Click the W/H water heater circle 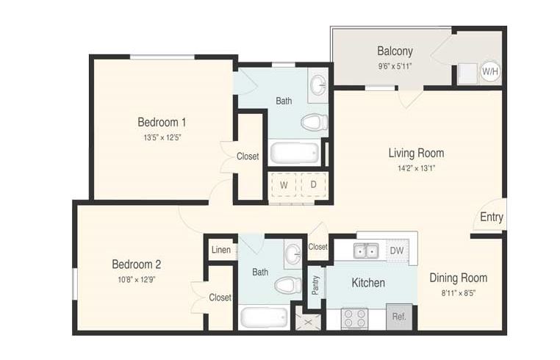490,71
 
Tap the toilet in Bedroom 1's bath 315,123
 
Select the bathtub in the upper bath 294,153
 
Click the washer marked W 284,185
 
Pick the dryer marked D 313,184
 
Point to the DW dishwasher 397,251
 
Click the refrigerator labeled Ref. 399,317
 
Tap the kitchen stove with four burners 355,318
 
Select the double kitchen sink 366,251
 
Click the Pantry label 315,285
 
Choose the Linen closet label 221,250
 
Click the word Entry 492,217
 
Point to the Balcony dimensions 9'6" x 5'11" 395,66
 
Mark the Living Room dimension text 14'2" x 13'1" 417,168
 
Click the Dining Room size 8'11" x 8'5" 459,294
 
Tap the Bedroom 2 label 137,264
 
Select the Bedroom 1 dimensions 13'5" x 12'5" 162,137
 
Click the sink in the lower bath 293,253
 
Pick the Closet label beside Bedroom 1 248,156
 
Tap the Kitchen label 368,283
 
